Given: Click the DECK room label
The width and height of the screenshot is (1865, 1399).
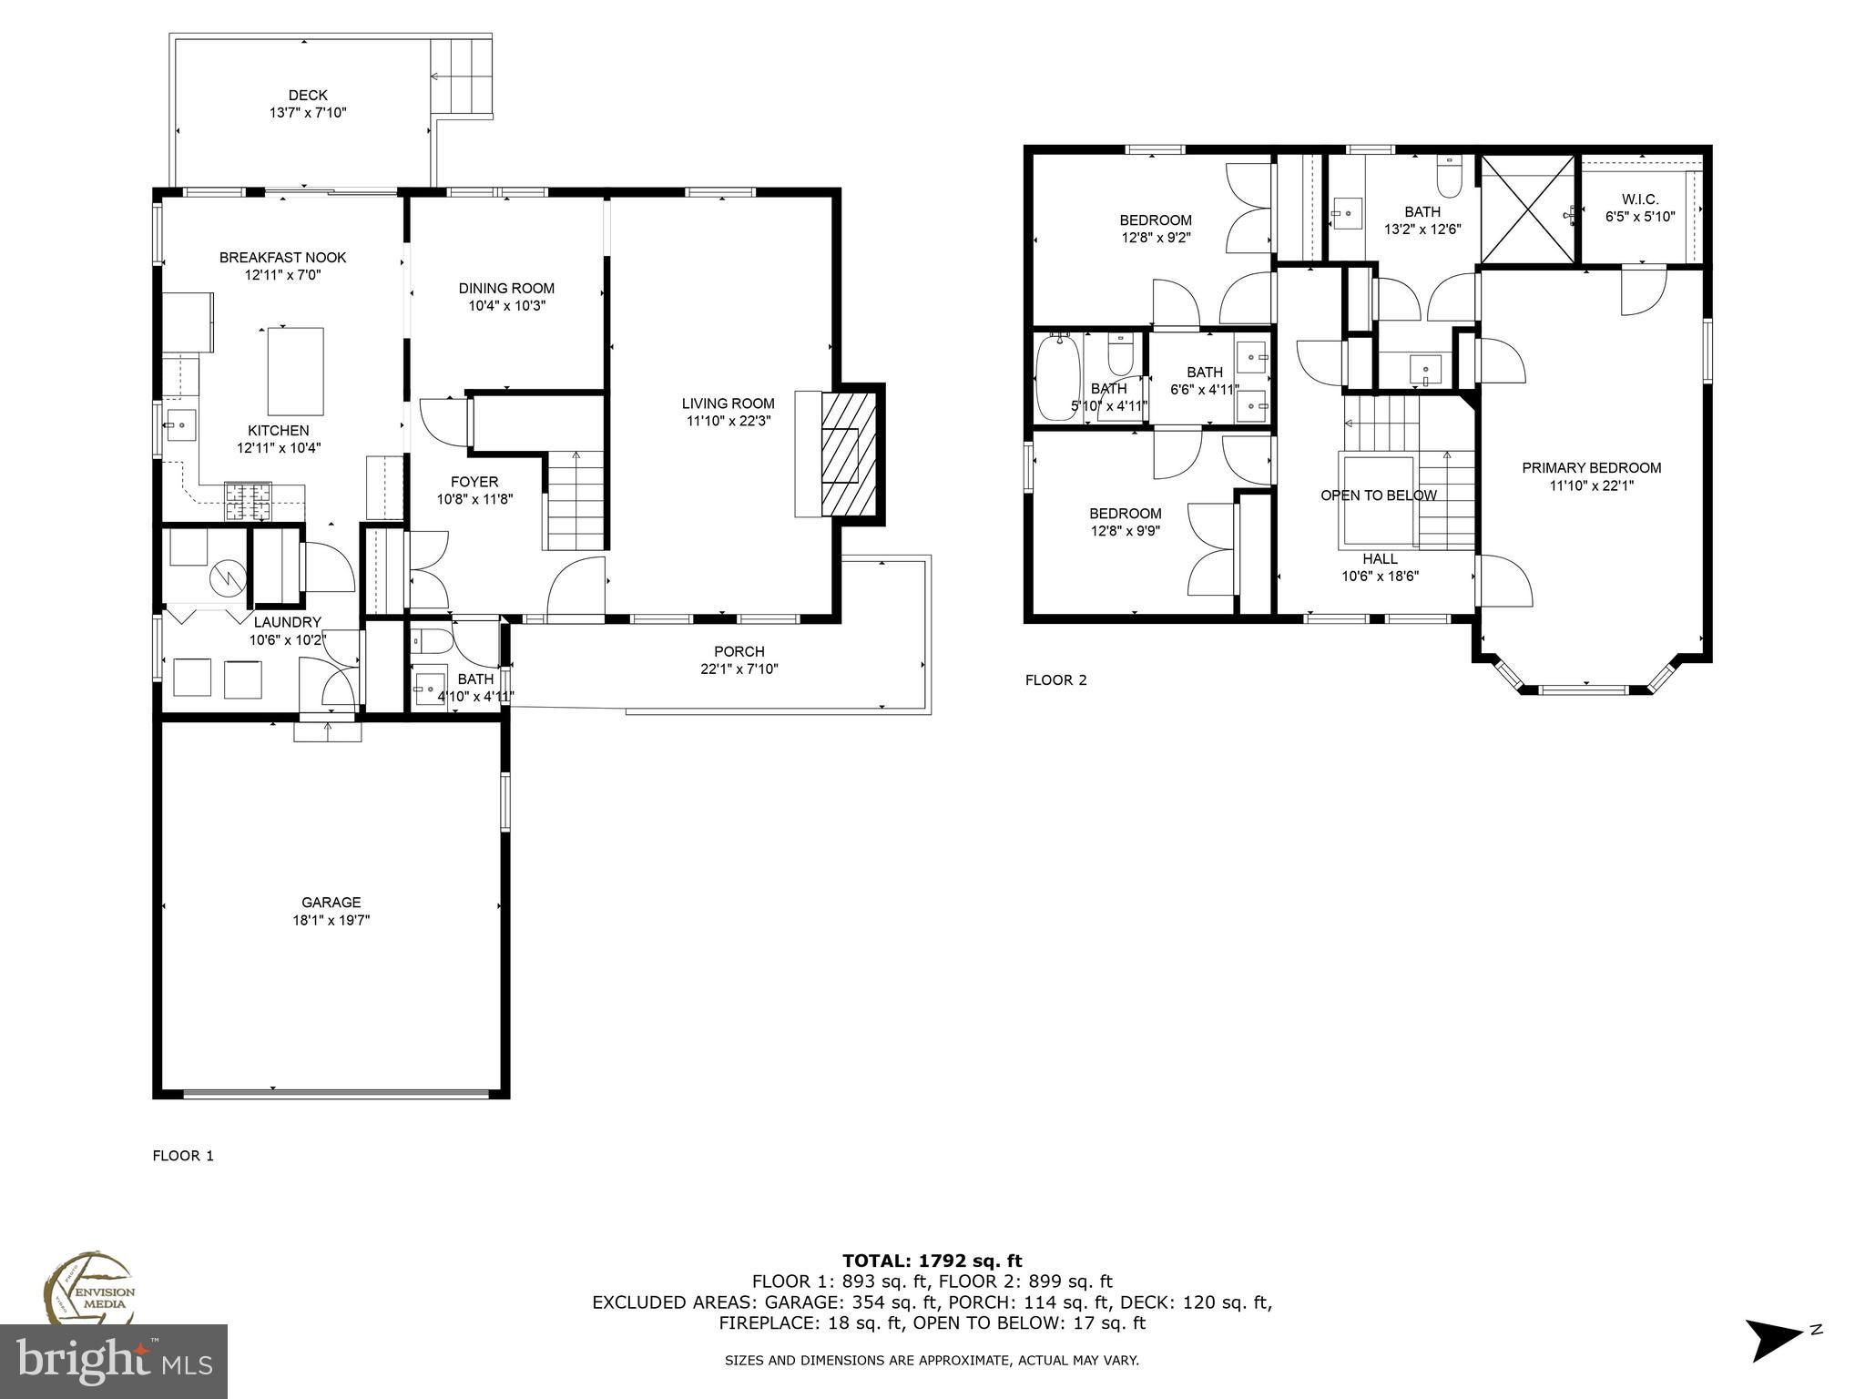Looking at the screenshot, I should click(x=308, y=96).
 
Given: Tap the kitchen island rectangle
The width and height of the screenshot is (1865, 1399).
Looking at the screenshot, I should click(x=295, y=371).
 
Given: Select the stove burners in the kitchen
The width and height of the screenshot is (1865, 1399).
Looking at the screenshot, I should click(x=248, y=501).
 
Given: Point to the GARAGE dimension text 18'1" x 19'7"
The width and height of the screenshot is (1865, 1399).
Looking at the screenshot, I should click(x=331, y=920).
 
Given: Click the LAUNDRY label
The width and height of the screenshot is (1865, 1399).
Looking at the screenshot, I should click(x=287, y=622).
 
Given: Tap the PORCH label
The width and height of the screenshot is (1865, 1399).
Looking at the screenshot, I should click(x=739, y=651).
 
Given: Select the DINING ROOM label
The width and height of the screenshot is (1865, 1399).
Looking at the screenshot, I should click(x=506, y=288).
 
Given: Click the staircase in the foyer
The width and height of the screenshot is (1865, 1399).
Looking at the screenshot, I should click(x=575, y=501).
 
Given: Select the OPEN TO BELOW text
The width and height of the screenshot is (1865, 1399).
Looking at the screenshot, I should click(x=1379, y=495).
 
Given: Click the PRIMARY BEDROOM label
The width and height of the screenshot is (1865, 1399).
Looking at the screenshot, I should click(x=1592, y=467).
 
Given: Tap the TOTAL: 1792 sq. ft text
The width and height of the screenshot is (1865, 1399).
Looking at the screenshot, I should click(x=932, y=1261).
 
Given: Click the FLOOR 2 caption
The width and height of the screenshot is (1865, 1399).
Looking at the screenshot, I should click(x=1055, y=679).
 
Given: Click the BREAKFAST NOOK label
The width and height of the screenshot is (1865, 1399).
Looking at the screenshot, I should click(x=282, y=258).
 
